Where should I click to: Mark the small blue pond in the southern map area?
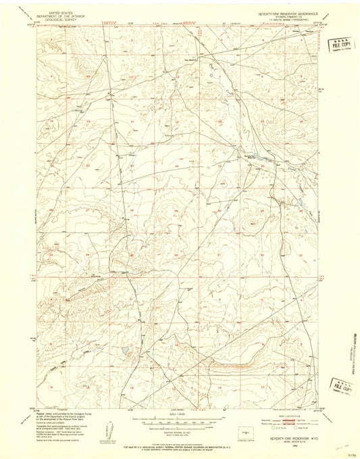point(125,351)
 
